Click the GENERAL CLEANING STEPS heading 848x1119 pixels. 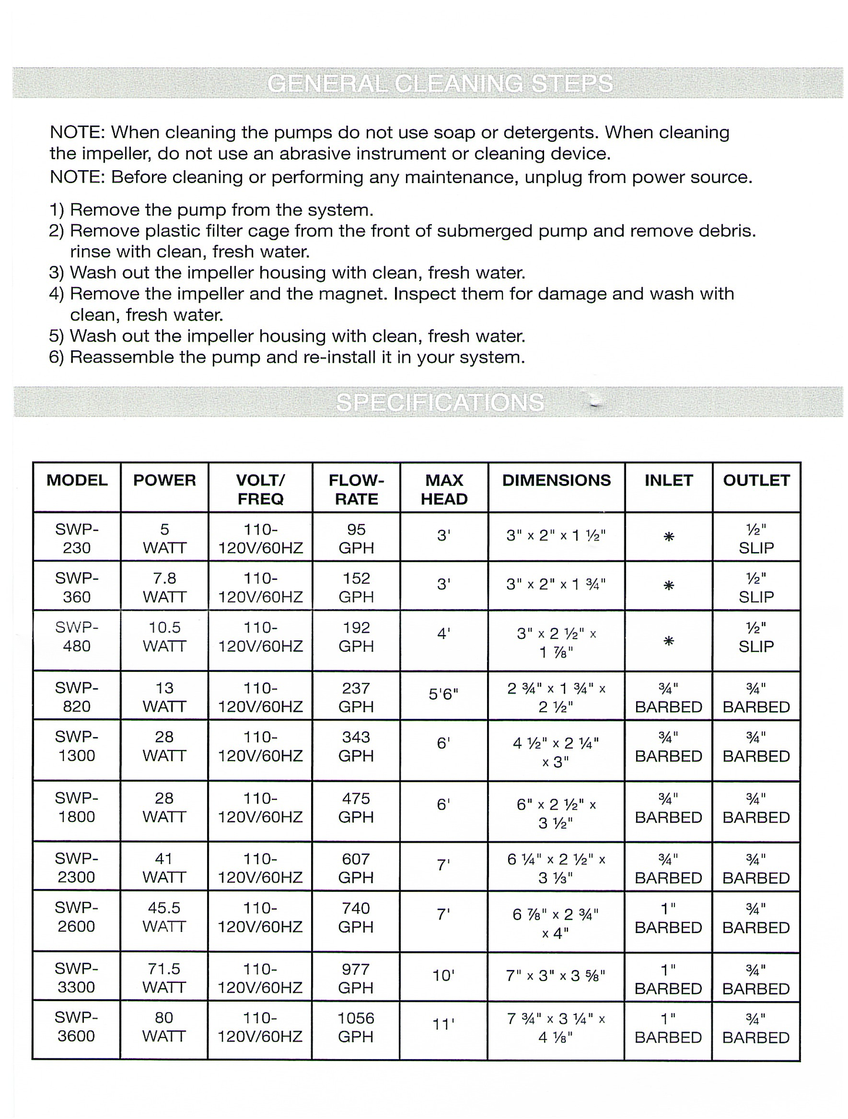tap(440, 84)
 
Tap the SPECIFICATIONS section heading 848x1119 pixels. tap(440, 403)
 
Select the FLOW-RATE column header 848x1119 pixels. tap(356, 489)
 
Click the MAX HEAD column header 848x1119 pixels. tap(444, 489)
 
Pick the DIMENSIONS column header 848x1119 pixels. tap(556, 481)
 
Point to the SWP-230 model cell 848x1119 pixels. tap(77, 538)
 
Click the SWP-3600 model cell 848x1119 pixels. tap(76, 1026)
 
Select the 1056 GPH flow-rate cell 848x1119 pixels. tap(356, 1027)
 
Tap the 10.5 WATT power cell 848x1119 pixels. tap(164, 637)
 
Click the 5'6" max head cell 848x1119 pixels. tap(444, 694)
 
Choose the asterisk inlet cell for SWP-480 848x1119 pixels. tap(668, 641)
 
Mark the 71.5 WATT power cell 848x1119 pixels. tap(164, 978)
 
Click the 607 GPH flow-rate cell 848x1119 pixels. tap(356, 868)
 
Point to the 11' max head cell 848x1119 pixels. tap(444, 1025)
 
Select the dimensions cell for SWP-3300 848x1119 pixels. tap(556, 976)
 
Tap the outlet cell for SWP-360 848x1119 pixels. tap(756, 587)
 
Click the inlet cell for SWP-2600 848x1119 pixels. tap(668, 918)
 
